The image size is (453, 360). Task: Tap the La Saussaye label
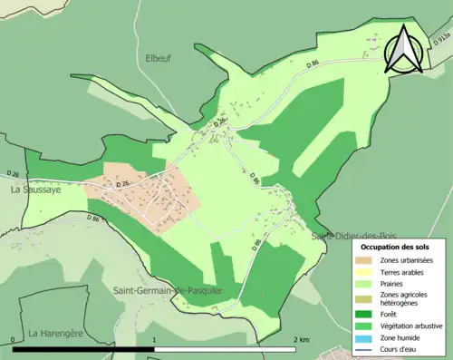(x=34, y=191)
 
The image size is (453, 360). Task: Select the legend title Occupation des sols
(x=395, y=247)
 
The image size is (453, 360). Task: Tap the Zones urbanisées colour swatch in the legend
(x=367, y=261)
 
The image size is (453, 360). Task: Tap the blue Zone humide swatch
(x=367, y=336)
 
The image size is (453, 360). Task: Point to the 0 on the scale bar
(x=13, y=340)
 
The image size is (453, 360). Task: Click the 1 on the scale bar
(x=155, y=340)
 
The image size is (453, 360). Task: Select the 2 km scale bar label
(x=303, y=340)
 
